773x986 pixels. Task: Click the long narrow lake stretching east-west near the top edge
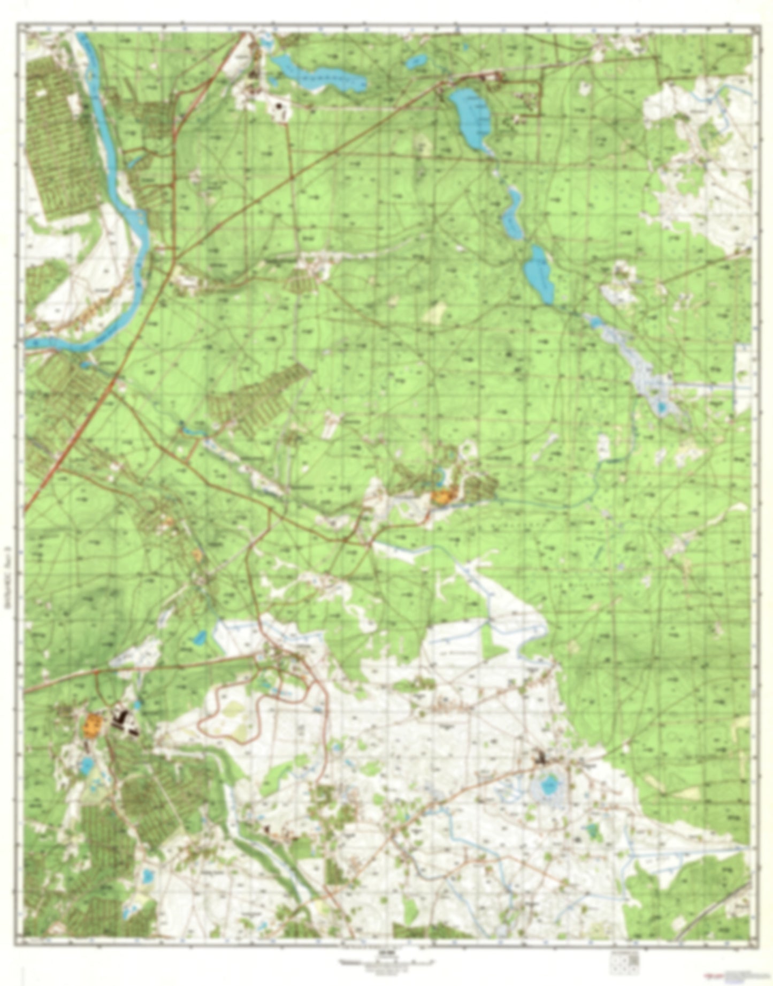click(321, 75)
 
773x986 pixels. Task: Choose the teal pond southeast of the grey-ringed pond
click(591, 831)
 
